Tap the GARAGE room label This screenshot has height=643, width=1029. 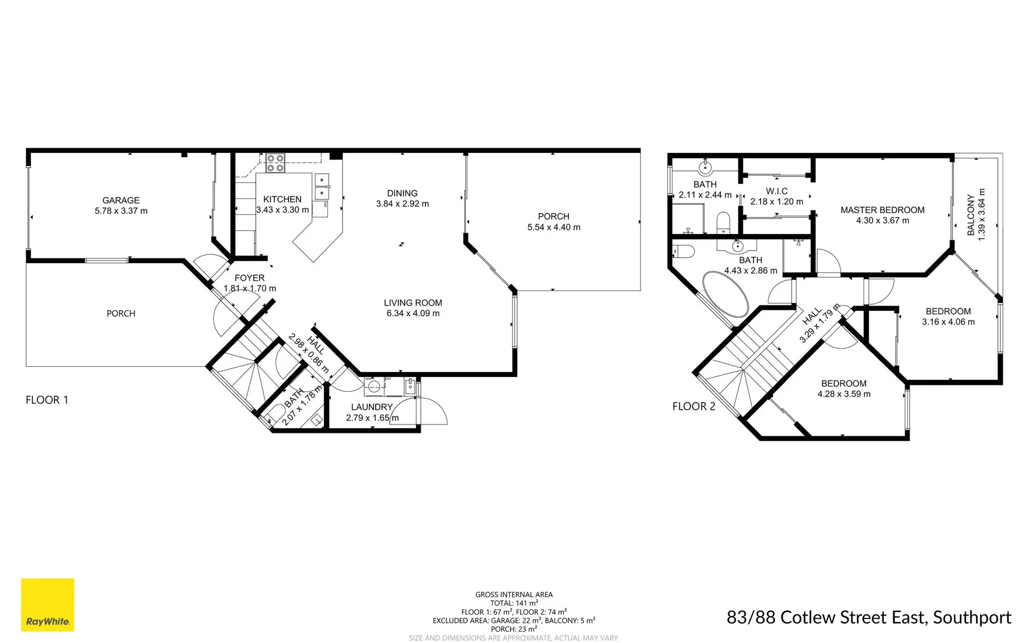tap(121, 201)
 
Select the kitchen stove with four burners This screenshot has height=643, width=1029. tap(274, 163)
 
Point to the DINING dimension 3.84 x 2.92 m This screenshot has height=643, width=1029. tap(402, 204)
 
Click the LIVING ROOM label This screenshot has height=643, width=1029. tap(412, 302)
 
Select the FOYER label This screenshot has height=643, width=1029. tap(249, 278)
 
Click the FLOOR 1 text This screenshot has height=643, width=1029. tap(47, 400)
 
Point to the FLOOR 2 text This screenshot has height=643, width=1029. tap(693, 407)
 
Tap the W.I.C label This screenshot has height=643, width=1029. tap(777, 191)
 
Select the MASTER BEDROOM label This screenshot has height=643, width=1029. tap(882, 210)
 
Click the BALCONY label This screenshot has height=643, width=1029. tap(971, 215)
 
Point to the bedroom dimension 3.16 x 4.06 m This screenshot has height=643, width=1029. tap(948, 322)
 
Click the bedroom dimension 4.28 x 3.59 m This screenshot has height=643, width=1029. tap(844, 394)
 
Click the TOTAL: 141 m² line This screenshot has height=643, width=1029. tap(514, 603)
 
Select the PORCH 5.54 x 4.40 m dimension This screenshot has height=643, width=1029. tap(553, 227)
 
